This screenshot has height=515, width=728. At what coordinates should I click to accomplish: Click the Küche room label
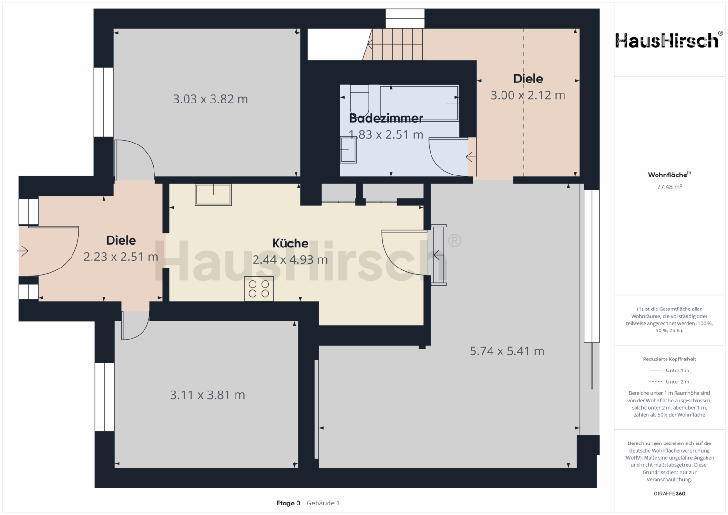290,244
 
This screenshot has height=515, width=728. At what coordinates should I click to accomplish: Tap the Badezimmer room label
386,118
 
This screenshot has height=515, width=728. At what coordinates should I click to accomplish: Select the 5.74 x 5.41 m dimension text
507,351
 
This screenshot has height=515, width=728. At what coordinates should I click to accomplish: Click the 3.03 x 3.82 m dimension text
210,99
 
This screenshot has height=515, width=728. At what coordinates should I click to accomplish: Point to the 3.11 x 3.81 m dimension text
207,395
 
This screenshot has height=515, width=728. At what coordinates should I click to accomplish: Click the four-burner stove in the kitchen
259,288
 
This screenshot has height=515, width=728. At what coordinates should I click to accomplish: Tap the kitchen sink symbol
213,195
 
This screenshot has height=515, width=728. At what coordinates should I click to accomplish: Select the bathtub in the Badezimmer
419,103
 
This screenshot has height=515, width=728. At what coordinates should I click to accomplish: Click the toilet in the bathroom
359,99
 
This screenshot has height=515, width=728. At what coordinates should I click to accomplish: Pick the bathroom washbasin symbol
349,150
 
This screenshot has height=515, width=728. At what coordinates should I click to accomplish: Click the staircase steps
394,44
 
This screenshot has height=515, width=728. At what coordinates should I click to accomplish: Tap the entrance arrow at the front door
23,251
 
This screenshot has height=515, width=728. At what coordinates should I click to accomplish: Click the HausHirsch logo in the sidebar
667,40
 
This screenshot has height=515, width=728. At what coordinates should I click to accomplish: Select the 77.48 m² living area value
669,187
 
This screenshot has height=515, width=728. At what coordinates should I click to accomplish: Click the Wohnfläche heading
669,175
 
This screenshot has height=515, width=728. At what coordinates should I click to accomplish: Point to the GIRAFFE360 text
669,494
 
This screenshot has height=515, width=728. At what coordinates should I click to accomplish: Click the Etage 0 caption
288,503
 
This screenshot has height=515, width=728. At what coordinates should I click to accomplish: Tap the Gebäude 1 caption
323,503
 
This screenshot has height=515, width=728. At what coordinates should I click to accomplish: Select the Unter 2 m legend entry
669,381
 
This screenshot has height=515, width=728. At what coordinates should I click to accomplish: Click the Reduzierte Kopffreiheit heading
669,359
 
